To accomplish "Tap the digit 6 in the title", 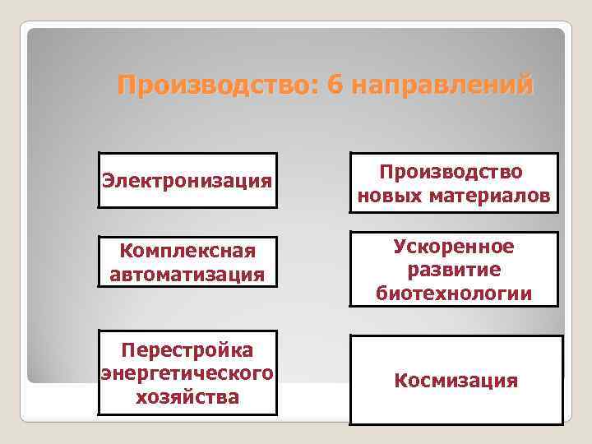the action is coord(334,86).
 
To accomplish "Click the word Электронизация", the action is coord(187,179).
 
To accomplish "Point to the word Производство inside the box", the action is coord(453,172).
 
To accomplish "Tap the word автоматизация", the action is coord(187,274).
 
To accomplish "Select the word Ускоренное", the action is coord(453,246).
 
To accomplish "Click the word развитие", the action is coord(453,269).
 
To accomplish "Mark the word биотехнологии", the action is coord(453,293).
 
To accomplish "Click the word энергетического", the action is coord(187,374).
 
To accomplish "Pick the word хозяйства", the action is coord(187,398).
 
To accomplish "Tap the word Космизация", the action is coord(456,381).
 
